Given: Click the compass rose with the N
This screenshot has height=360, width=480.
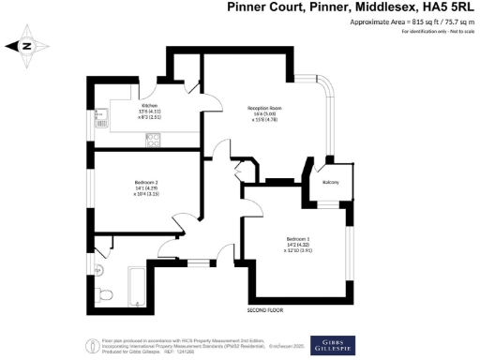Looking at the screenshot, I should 26,45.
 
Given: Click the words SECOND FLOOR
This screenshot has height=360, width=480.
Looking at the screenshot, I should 266,309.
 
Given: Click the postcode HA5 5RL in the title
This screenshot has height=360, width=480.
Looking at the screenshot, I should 444,8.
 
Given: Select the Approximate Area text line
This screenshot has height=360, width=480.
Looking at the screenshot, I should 413,22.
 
